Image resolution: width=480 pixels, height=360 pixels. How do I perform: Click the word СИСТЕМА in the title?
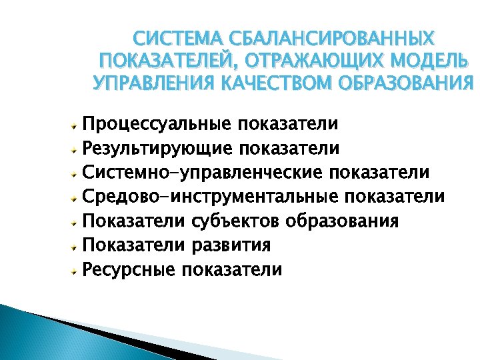[169, 38]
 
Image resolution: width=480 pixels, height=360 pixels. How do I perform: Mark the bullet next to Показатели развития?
[77, 245]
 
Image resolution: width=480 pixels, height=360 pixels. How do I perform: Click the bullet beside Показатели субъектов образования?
[77, 221]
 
